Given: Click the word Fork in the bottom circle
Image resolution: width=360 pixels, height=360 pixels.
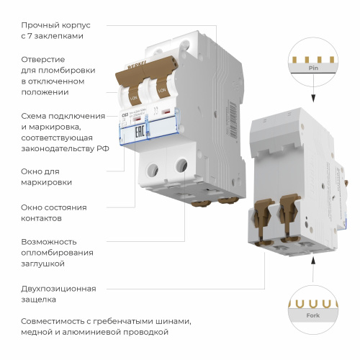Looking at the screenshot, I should (x=312, y=315).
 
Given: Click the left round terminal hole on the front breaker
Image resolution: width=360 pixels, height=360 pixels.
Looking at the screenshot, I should (x=152, y=170).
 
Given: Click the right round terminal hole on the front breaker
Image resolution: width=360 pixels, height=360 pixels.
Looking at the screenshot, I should (x=181, y=165).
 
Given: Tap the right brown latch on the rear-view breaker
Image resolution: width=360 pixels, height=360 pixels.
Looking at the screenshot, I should (x=290, y=217).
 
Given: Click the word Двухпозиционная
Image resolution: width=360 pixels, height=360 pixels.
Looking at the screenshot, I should (x=59, y=289).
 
